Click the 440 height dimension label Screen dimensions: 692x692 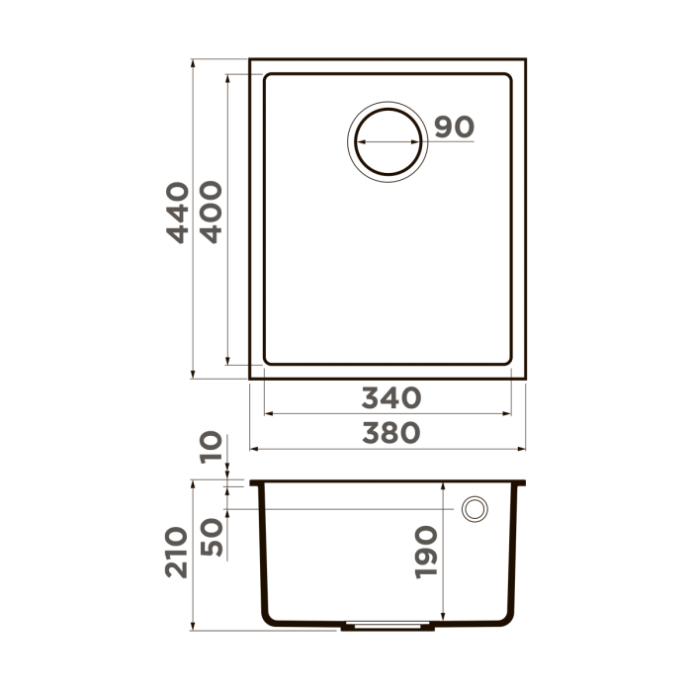point(177,213)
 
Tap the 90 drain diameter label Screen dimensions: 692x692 point(455,128)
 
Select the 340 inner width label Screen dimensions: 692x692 point(390,397)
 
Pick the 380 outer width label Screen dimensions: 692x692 point(390,432)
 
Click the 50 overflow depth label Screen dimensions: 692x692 point(210,535)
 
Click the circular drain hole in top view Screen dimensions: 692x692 point(389,140)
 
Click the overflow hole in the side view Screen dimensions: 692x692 point(475,508)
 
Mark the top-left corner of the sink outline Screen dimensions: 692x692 point(250,60)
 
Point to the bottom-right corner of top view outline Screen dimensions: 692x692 point(525,379)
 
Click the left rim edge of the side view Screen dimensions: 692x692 point(254,483)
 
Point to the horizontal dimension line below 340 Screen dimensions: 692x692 point(388,415)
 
